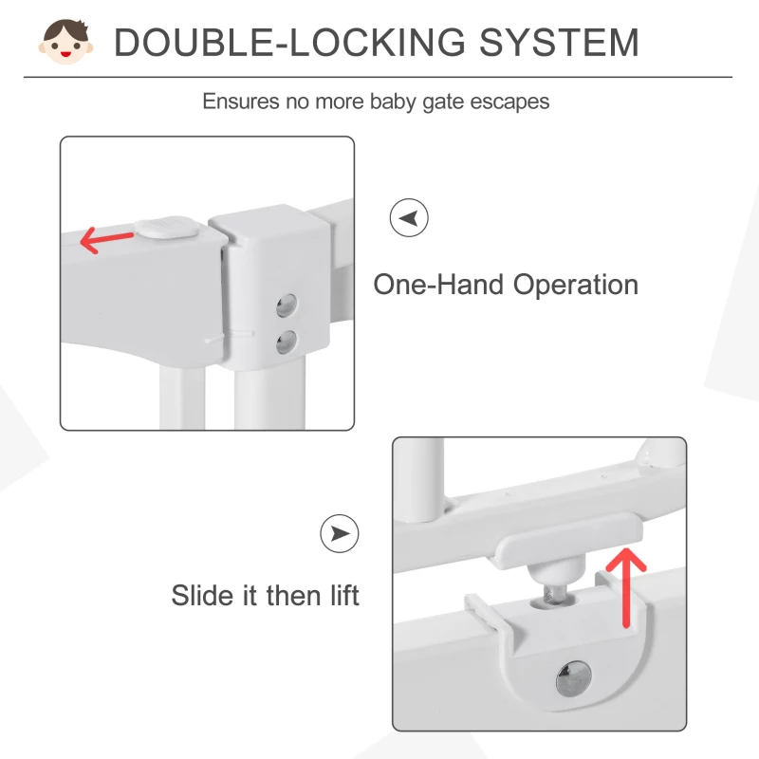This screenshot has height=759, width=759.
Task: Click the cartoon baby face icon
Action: (65, 42)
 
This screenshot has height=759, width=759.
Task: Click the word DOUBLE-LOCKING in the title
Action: (290, 43)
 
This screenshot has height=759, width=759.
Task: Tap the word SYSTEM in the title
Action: (559, 43)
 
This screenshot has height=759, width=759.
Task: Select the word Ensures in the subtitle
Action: (241, 102)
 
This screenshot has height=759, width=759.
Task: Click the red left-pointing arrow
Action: (106, 239)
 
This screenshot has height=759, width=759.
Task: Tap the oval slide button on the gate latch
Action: (167, 228)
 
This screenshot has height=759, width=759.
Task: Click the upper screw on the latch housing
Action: (287, 305)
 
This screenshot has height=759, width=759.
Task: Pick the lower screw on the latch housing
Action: (287, 342)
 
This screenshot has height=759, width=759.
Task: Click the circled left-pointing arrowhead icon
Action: (409, 218)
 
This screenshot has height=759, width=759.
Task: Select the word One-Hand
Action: (438, 285)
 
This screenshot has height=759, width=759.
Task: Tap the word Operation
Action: (576, 286)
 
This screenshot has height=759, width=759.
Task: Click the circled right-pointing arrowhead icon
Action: (340, 533)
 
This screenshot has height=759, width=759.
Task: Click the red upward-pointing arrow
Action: (626, 587)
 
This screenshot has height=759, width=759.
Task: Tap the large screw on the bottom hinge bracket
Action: (574, 677)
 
